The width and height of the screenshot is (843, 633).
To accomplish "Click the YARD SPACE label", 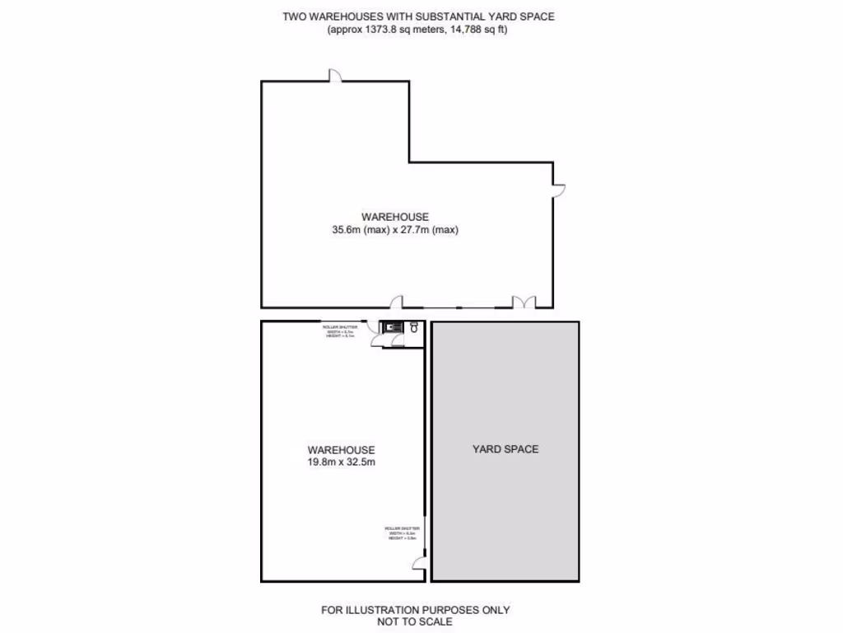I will (505, 449).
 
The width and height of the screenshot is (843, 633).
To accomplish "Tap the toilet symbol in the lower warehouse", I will (414, 327).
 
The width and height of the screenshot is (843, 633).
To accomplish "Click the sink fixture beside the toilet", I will (394, 327).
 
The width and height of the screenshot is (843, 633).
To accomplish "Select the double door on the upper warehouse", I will (524, 302).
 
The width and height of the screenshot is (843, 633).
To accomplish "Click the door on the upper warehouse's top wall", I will (337, 76).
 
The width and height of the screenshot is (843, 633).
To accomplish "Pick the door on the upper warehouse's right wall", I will (559, 190).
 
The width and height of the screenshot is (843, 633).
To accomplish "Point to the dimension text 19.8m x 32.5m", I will (341, 462).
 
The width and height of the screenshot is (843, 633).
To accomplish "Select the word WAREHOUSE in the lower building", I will (341, 450).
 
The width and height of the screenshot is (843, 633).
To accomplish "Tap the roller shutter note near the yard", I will (402, 532).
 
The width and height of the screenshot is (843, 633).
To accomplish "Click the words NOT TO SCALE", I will (415, 621).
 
